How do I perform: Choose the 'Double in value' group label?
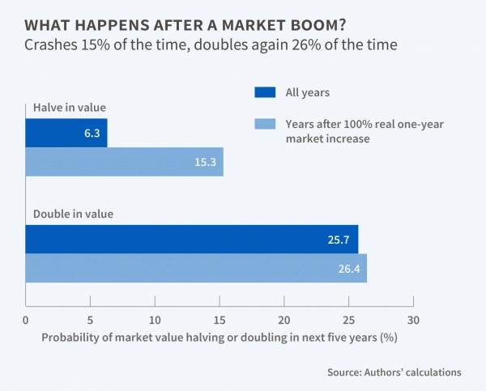[73, 215]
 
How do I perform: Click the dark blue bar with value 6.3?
[65, 133]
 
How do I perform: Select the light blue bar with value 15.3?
[124, 162]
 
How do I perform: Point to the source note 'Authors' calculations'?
[394, 372]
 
